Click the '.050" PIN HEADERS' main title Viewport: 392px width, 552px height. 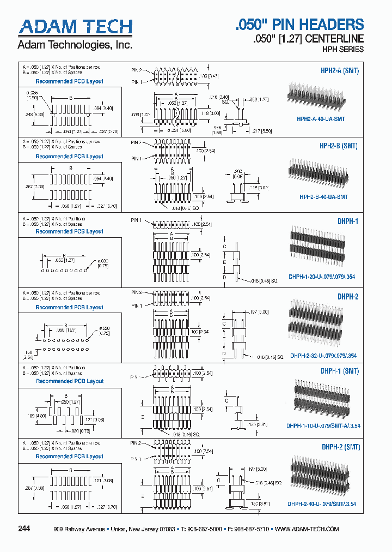[x=299, y=25]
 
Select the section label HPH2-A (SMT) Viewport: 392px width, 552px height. [x=339, y=71]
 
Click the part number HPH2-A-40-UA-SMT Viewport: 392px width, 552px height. [x=321, y=118]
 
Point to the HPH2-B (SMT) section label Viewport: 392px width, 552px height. [x=339, y=146]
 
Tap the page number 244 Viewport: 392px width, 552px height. [x=24, y=529]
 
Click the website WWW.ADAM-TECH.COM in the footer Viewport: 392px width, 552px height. [x=307, y=530]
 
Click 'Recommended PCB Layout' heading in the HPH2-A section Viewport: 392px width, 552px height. [x=69, y=81]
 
